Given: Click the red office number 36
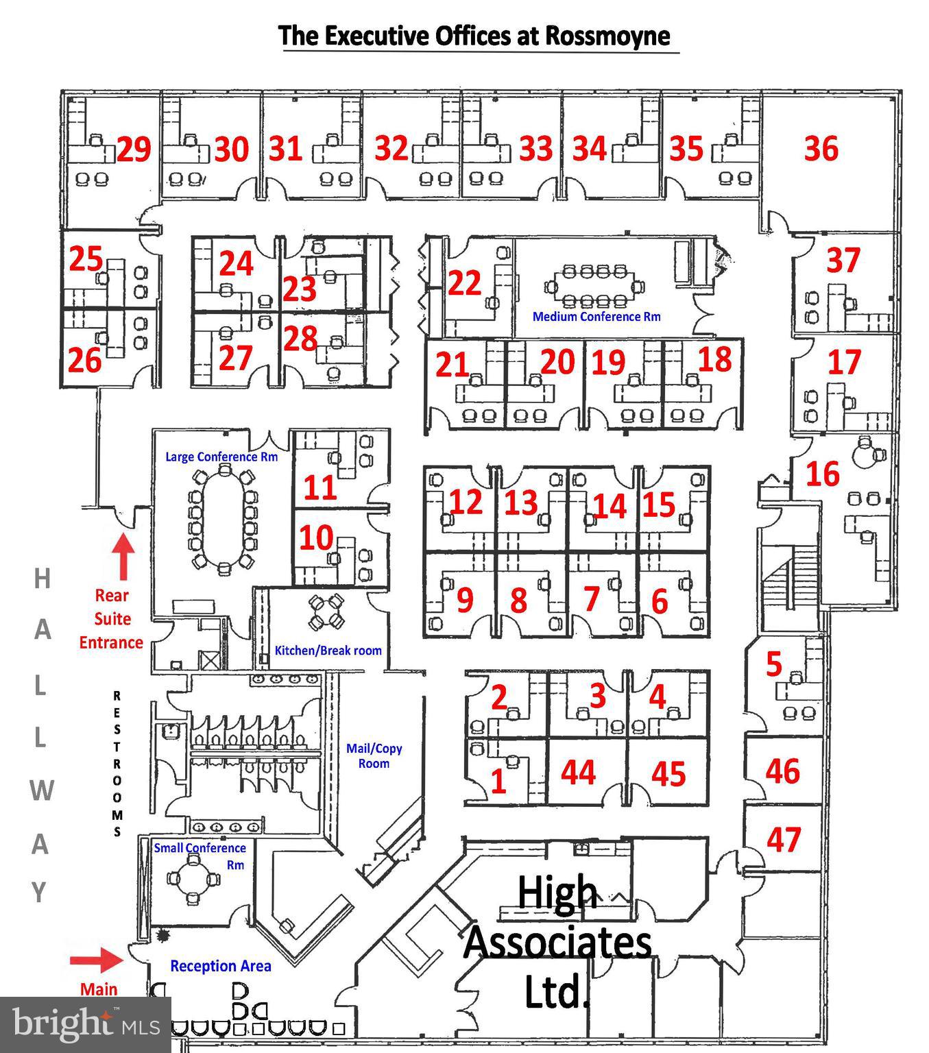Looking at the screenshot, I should (x=821, y=149).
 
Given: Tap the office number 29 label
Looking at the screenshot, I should (x=134, y=149).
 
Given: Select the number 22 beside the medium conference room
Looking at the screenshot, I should (x=464, y=282).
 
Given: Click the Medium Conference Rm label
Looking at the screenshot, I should (x=596, y=317).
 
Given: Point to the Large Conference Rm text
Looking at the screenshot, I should (x=221, y=457).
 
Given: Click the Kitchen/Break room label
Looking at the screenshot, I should (x=328, y=651).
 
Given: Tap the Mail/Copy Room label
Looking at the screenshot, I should (x=374, y=755).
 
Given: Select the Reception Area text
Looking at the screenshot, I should (x=220, y=966).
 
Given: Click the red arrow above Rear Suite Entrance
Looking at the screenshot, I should (x=123, y=556).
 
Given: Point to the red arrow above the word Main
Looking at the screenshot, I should (x=96, y=959).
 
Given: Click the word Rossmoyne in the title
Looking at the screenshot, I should (x=607, y=35).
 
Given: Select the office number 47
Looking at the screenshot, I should (x=783, y=839).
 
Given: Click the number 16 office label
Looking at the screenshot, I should (x=823, y=474).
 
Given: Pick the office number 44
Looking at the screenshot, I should (x=578, y=772).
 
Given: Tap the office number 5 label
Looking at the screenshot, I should (x=773, y=664).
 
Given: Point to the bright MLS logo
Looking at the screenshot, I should (x=85, y=1024).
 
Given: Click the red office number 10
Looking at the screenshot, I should (x=316, y=538).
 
